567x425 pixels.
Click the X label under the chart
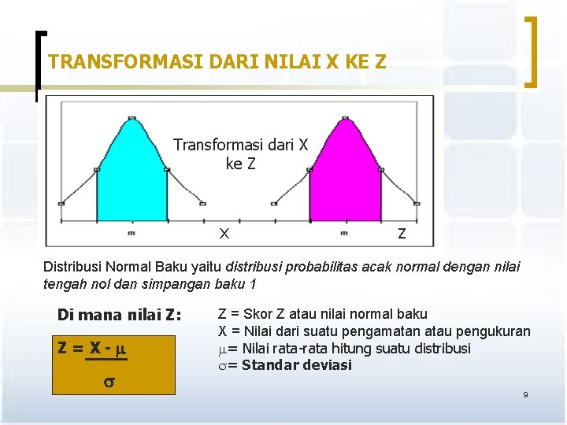pos(224,234)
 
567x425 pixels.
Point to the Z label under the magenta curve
pos(402,234)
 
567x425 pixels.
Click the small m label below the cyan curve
pos(131,233)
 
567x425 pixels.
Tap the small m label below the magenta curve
pos(344,233)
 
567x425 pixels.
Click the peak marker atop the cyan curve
pos(132,119)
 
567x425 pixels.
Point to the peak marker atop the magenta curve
pos(345,119)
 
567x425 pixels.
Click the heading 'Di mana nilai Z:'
pos(119,316)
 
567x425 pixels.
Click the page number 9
pos(525,394)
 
